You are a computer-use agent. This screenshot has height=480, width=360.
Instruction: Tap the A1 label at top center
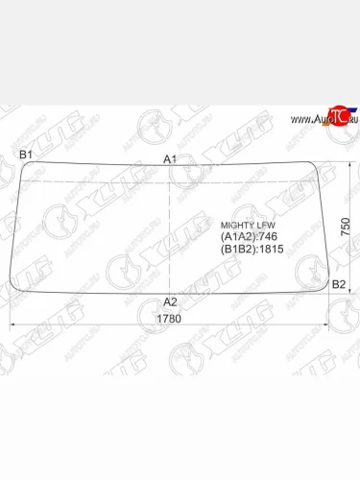click(170, 159)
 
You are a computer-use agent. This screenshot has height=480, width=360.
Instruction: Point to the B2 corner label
click(338, 285)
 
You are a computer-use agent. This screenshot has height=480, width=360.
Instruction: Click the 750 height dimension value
click(346, 228)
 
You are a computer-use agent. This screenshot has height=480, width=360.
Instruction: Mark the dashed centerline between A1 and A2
click(171, 230)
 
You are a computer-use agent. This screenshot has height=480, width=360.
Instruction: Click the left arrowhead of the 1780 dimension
click(13, 325)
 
